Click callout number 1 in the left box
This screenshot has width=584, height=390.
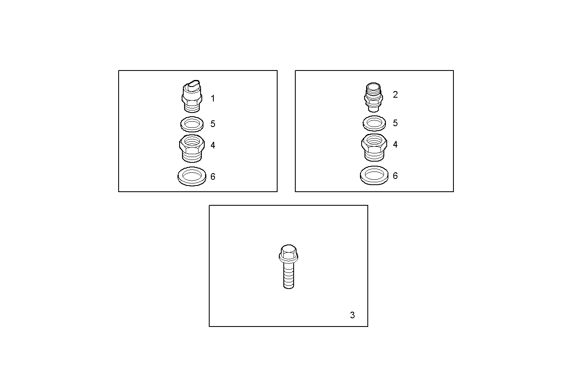click(213, 99)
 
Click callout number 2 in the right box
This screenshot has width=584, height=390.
click(395, 95)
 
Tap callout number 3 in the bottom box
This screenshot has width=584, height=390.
click(352, 315)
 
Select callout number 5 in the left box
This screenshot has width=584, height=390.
click(213, 124)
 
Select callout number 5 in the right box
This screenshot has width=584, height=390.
click(395, 123)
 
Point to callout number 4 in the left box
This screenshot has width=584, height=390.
click(213, 146)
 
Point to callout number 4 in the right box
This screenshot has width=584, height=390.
click(395, 145)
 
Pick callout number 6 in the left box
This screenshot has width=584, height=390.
click(213, 177)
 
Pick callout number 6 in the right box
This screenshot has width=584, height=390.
click(395, 176)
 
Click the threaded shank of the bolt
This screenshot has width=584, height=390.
click(289, 275)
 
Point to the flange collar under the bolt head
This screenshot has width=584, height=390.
click(288, 260)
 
